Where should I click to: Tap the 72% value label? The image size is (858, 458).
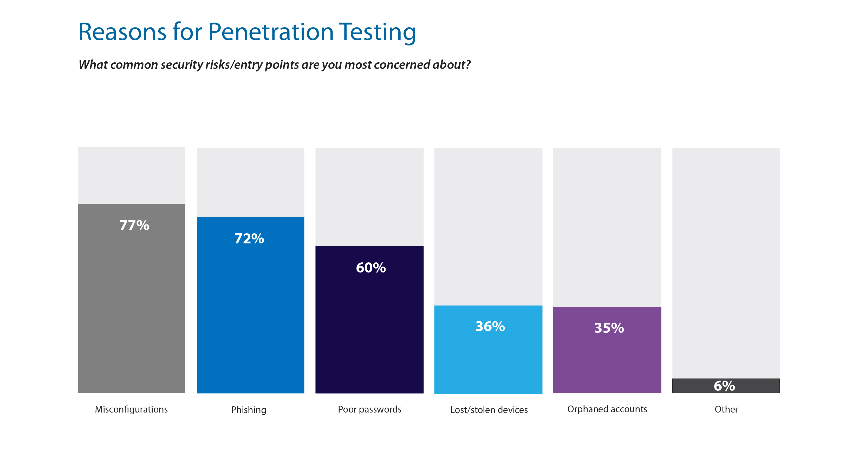tap(249, 239)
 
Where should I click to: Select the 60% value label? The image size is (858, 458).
tap(371, 268)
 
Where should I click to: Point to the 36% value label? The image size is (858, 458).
tap(490, 327)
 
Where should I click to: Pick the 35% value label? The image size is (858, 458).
tap(609, 328)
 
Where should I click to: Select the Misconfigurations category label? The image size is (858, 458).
tap(131, 409)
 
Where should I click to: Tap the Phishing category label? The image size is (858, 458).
tap(249, 410)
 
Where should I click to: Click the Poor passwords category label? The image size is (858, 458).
tap(369, 409)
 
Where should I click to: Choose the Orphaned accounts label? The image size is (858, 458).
tap(607, 409)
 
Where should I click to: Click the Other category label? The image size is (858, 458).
tap(726, 409)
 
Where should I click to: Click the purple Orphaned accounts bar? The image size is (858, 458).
tap(607, 363)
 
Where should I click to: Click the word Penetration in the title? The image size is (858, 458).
tap(270, 32)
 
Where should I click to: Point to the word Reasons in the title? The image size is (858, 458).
tap(122, 32)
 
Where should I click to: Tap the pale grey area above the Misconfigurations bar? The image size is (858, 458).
tap(131, 175)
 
